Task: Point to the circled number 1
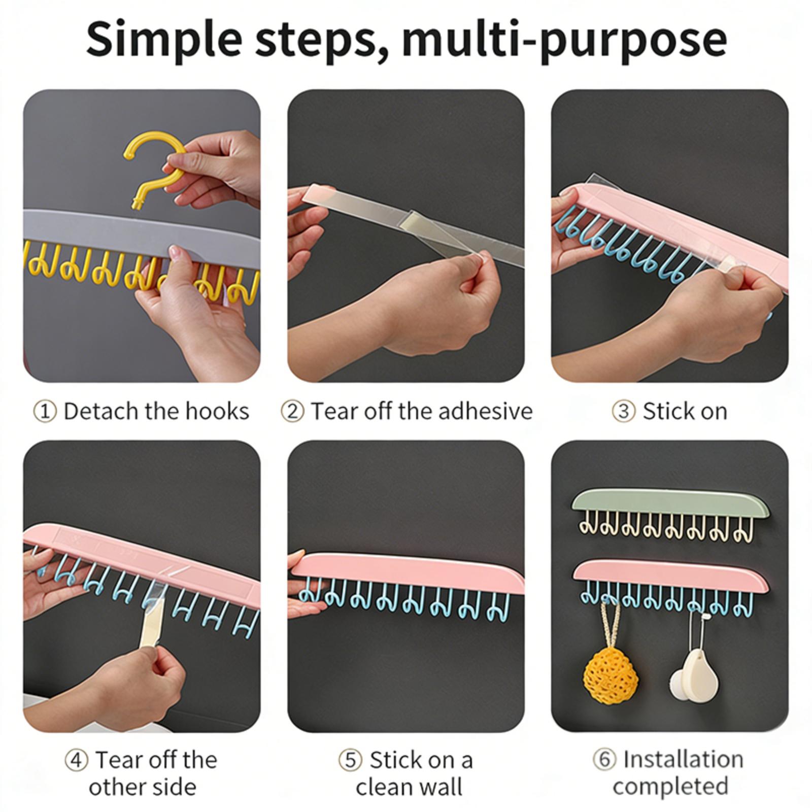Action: tap(45, 412)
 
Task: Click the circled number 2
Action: tap(292, 412)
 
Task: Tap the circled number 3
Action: tap(624, 412)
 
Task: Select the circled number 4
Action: tap(77, 760)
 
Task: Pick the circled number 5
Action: tap(351, 760)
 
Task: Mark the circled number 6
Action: tap(604, 760)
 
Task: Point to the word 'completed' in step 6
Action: tap(670, 787)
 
